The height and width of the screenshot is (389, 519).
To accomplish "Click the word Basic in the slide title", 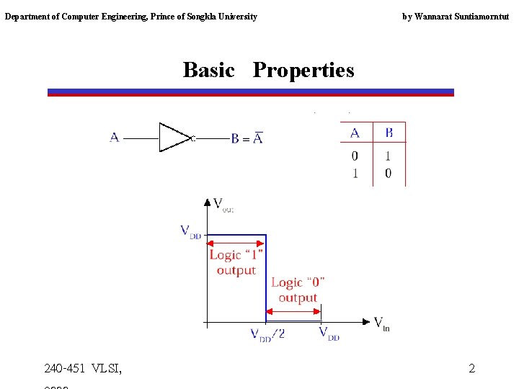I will point(208,70).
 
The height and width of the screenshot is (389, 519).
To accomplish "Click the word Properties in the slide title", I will point(303,70).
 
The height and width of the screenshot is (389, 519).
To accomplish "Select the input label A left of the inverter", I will point(115,137).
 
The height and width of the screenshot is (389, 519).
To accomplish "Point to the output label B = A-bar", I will point(247,138).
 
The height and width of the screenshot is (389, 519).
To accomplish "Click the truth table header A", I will point(355,133).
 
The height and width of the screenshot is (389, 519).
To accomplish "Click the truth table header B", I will point(389,133).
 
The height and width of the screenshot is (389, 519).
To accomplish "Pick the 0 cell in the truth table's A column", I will point(355,156).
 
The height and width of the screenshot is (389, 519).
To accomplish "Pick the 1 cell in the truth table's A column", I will point(355,173).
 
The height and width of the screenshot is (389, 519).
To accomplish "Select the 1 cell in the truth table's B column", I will point(389,156).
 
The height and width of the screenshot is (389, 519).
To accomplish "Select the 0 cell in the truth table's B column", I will point(389,173).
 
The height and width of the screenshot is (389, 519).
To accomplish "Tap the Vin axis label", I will point(382,323).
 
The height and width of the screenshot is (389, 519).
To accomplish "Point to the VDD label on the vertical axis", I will point(190,232).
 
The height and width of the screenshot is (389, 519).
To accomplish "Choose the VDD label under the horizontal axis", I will point(329,334).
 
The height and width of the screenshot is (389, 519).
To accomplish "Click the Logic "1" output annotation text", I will point(236,262).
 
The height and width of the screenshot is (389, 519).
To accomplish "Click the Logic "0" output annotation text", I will point(298,290).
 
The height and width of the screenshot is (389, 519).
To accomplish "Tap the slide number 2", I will point(471,369).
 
